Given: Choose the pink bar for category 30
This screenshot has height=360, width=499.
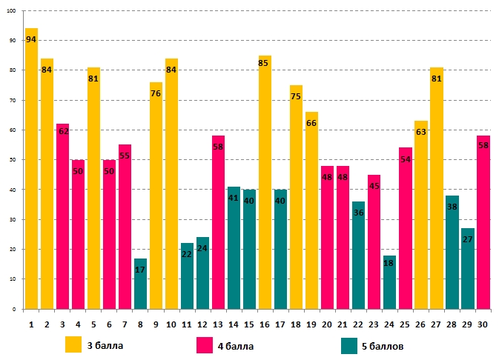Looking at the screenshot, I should tap(483, 222).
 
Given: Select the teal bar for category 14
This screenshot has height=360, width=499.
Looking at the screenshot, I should tap(234, 247).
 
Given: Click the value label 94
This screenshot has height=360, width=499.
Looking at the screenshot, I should tap(31, 39).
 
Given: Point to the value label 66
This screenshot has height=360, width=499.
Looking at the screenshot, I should tap(311, 123).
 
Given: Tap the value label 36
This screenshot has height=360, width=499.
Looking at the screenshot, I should tap(358, 213).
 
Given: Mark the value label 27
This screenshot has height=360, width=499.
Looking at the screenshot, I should tap(467, 239).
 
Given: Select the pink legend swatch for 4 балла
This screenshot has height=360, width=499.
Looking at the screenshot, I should tap(204, 344).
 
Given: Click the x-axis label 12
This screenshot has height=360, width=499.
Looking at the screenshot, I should tap(202, 324).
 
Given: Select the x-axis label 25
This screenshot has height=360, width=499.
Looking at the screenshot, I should tap(405, 324).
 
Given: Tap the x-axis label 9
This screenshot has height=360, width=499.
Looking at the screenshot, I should tap(156, 324).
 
